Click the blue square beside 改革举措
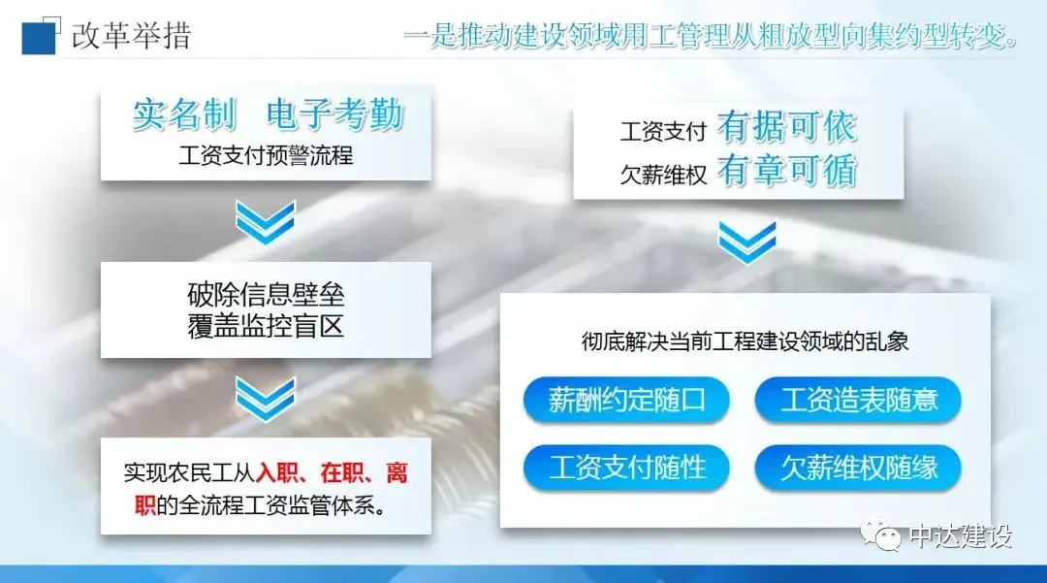point(38,38)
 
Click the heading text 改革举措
point(132,35)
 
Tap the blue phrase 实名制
point(185,114)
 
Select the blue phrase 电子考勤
point(335,114)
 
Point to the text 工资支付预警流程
point(266,155)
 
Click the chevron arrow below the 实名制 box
point(265,222)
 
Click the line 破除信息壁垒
point(266,295)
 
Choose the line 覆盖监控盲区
point(266,327)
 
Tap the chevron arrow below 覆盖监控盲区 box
point(265,399)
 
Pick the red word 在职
point(341,472)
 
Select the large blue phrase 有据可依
point(786,127)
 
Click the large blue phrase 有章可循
point(786,171)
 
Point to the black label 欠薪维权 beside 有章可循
point(663,175)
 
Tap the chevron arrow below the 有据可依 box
point(747,242)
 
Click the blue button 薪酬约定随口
point(626,400)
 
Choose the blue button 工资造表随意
point(858,400)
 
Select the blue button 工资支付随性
point(626,468)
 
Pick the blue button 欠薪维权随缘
point(858,468)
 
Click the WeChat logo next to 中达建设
point(880,534)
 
